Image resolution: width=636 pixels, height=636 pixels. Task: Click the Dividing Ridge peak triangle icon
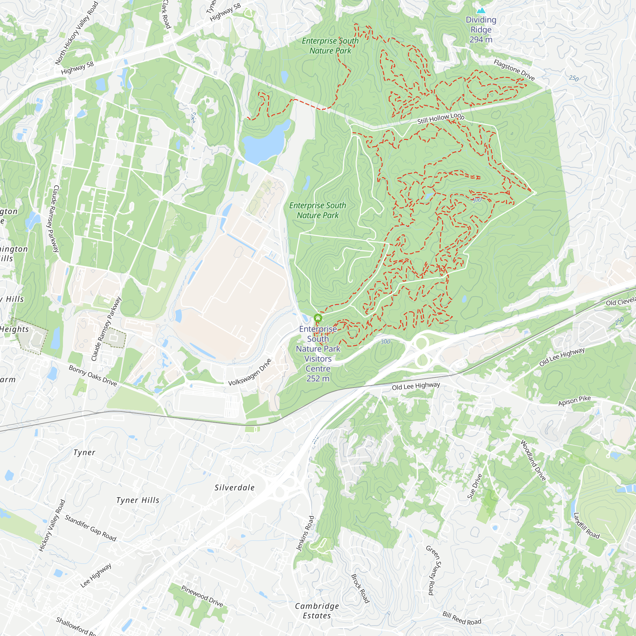coord(481,10)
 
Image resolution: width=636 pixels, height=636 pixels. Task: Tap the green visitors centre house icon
coord(318,318)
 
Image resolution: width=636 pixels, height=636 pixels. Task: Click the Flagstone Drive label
coord(514,70)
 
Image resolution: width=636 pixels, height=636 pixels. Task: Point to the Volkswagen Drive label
coord(250,372)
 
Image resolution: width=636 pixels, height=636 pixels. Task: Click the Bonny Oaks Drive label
coord(93,375)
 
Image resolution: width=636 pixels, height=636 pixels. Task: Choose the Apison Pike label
coord(574,400)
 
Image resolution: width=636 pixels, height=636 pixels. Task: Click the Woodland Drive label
coord(533,460)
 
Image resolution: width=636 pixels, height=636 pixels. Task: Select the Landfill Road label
coord(586,525)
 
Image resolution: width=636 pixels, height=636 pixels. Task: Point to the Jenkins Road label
coord(305,533)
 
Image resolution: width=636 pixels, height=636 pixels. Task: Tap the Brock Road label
coord(360,588)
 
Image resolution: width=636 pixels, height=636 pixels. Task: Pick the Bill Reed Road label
coord(461,619)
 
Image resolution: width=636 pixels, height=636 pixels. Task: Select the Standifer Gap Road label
coord(91,528)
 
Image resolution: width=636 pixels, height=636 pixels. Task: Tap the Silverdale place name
coord(234,487)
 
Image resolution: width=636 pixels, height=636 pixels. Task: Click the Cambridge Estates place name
coord(317,611)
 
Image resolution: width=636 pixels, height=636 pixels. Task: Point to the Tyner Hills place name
coord(138,500)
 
